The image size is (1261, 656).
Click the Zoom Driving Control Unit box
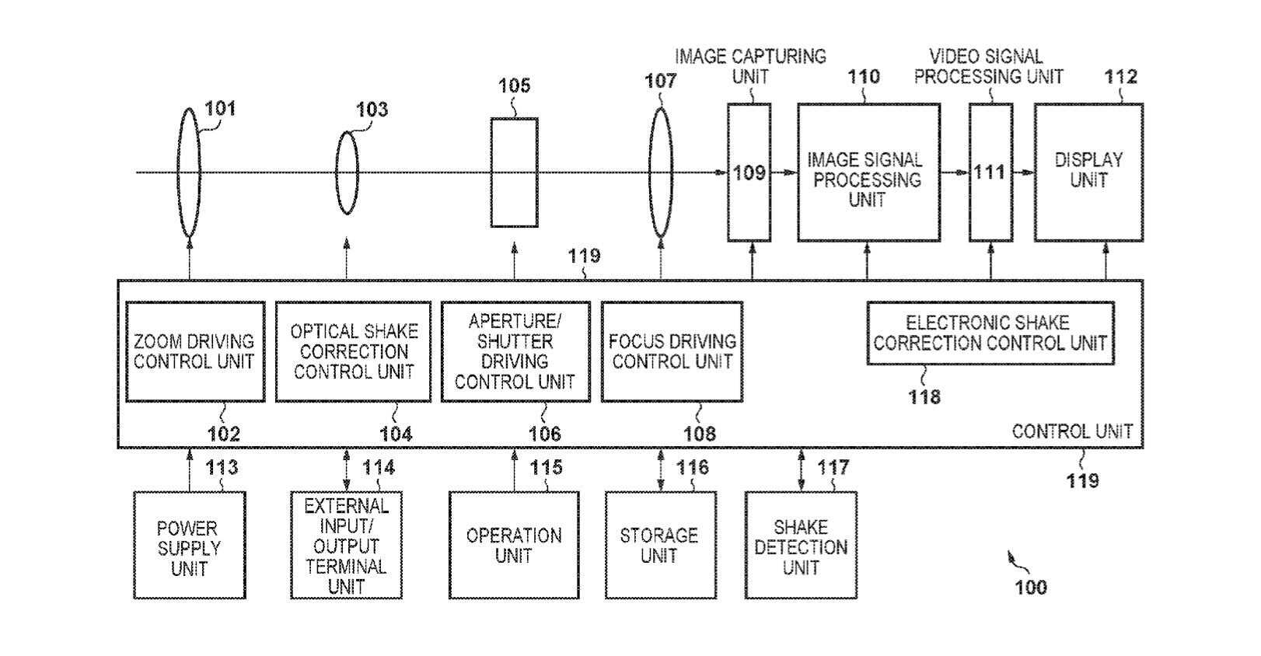[195, 351]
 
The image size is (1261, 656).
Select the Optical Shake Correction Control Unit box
[353, 351]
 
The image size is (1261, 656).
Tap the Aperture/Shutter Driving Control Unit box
[515, 351]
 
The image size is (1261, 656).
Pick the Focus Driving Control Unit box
[672, 351]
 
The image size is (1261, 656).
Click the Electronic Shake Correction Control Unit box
[990, 333]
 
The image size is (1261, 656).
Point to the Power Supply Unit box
[189, 546]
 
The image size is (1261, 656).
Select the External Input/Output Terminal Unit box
[346, 546]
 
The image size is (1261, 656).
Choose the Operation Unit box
[514, 546]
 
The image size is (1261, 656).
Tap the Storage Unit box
[659, 546]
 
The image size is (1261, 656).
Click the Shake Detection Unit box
[801, 546]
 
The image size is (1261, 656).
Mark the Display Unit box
[1088, 171]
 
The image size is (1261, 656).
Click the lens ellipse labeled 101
[189, 173]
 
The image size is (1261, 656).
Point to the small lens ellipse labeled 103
[348, 172]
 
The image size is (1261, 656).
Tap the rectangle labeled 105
[514, 173]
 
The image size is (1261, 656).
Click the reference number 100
[1031, 587]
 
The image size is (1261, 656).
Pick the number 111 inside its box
[990, 172]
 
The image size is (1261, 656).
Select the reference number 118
[924, 397]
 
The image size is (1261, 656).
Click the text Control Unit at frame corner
[1072, 431]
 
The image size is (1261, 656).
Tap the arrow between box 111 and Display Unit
[1024, 172]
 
